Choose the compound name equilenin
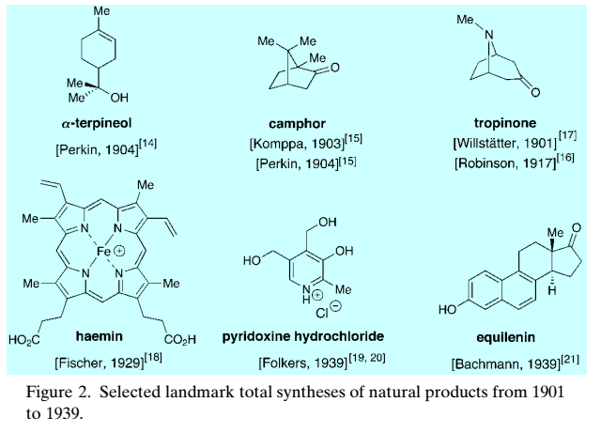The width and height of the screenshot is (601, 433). pyautogui.click(x=501, y=335)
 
